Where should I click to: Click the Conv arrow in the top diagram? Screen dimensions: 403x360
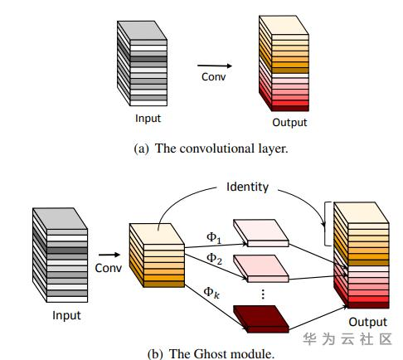(215, 66)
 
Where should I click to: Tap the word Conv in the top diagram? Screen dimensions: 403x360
(213, 77)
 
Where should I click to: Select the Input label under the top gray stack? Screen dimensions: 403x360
(148, 119)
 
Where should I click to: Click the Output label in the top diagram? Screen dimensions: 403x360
(289, 123)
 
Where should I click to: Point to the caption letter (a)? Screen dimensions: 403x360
(141, 148)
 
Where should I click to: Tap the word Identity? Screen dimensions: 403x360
(247, 187)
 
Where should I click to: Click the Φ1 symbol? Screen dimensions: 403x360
(214, 237)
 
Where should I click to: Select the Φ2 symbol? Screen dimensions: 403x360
(214, 259)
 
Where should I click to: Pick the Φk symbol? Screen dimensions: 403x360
(211, 293)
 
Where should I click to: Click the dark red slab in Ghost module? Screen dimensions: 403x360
(261, 319)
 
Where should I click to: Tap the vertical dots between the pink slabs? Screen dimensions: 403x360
(263, 294)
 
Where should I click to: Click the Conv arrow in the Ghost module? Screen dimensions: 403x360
(109, 255)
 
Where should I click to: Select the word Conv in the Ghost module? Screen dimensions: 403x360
(108, 268)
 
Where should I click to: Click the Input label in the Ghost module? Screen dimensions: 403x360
(66, 315)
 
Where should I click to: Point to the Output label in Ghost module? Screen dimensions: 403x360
(367, 322)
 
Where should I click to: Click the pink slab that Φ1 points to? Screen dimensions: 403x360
(261, 233)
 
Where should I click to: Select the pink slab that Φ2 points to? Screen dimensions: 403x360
(261, 269)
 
